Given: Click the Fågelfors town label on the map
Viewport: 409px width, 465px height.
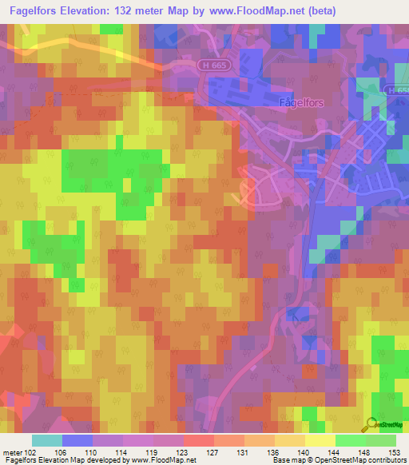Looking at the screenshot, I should [282, 102].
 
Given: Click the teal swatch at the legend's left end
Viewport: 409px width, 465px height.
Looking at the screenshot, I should [46, 439].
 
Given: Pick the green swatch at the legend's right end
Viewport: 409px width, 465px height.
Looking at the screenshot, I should [381, 439].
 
